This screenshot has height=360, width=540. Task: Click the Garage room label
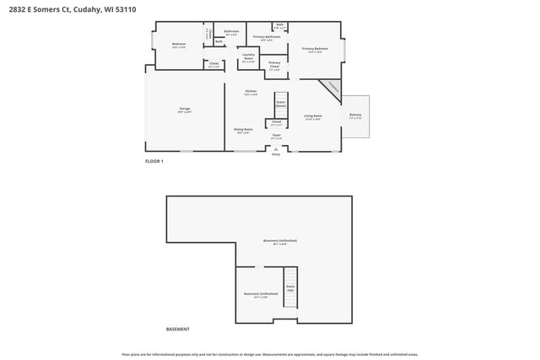coord(185,110)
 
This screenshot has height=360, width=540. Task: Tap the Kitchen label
coord(251,93)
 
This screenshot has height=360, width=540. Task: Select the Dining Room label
coord(244,130)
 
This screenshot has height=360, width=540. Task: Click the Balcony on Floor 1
coord(355,116)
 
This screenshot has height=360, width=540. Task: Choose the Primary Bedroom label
coord(316,50)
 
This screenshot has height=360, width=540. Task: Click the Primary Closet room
coord(275,65)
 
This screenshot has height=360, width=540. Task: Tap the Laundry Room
coord(248,59)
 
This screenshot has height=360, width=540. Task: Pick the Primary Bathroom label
coord(267,37)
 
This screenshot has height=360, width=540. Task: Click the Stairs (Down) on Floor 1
coord(281,105)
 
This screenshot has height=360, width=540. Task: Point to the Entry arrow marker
coord(276,149)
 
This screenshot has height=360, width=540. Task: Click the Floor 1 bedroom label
coord(179,45)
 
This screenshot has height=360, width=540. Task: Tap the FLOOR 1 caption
coord(154,160)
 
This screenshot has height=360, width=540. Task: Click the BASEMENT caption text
coord(178,329)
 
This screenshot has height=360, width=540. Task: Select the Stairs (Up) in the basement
coord(290,287)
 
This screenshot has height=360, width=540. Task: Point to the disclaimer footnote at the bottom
coord(270,354)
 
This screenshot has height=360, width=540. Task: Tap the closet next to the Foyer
coord(276,123)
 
